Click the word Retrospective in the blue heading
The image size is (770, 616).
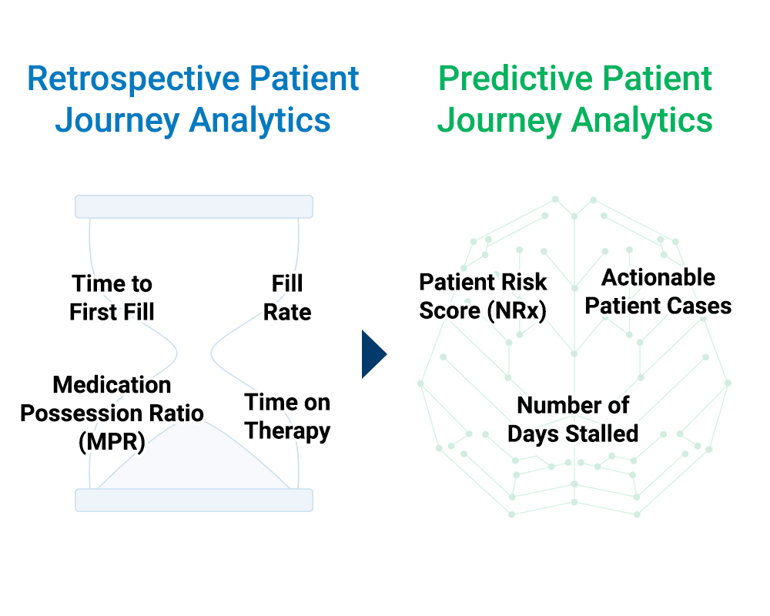click(x=133, y=79)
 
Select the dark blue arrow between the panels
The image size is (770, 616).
click(x=374, y=354)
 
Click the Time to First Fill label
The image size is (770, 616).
click(x=112, y=298)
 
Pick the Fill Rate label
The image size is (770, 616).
click(x=287, y=298)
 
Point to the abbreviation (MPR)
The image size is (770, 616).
click(x=112, y=442)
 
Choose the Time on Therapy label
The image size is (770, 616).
click(x=287, y=417)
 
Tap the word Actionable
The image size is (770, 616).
click(x=658, y=277)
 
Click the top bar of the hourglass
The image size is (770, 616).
click(x=194, y=206)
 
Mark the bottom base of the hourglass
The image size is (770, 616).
click(x=194, y=500)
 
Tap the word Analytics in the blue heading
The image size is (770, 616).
click(x=259, y=121)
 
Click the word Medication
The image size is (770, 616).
click(x=112, y=385)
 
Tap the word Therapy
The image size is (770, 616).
click(x=287, y=432)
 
